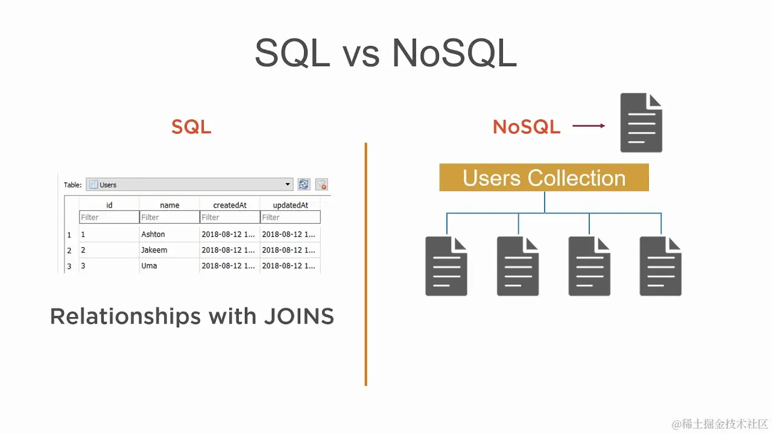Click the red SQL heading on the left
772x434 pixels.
click(191, 127)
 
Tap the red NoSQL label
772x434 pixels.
click(527, 127)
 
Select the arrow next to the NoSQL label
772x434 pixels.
click(589, 126)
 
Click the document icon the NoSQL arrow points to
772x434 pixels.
click(641, 123)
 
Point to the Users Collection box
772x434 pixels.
click(544, 178)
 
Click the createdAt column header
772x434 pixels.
click(230, 205)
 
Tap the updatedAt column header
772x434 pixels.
click(290, 205)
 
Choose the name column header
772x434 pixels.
click(169, 205)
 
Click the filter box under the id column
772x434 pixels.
click(109, 217)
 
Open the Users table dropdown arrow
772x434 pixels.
click(288, 184)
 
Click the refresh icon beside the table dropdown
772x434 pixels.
click(304, 184)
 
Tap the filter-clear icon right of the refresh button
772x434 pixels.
click(321, 184)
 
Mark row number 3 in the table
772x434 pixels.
click(69, 266)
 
